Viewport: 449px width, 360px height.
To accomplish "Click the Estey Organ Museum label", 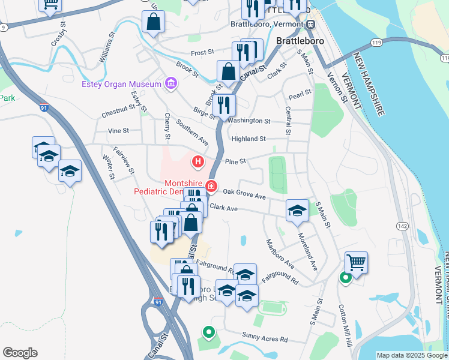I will pos(121,84).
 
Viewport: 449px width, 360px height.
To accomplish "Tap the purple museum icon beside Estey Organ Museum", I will pos(171,83).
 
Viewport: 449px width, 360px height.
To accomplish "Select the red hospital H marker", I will pos(197,161).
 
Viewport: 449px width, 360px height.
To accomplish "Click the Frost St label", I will pos(202,53).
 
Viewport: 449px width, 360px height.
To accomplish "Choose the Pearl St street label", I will pos(300,93).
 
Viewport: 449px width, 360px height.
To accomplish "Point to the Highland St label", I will pos(249,139).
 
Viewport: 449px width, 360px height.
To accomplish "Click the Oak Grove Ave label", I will pos(244,196).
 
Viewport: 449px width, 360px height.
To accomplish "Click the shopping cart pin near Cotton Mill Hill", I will pos(356,262).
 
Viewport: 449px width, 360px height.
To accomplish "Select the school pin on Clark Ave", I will pos(297,211).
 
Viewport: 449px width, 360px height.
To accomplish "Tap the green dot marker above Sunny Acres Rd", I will pos(208,331).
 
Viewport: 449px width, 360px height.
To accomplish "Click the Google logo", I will pos(20,353).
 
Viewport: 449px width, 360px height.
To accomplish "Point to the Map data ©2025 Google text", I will pos(411,355).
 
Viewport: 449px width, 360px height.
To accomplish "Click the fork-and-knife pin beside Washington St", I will pos(224,106).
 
